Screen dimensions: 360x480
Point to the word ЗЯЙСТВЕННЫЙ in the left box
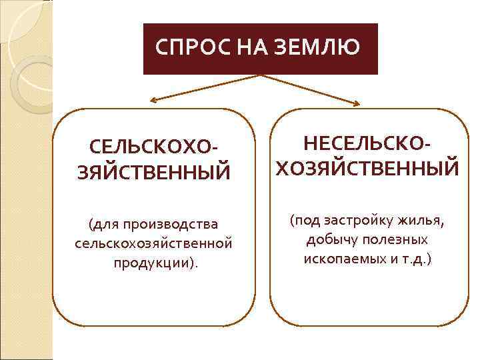(153, 173)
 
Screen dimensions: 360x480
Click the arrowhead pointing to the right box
(358, 103)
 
